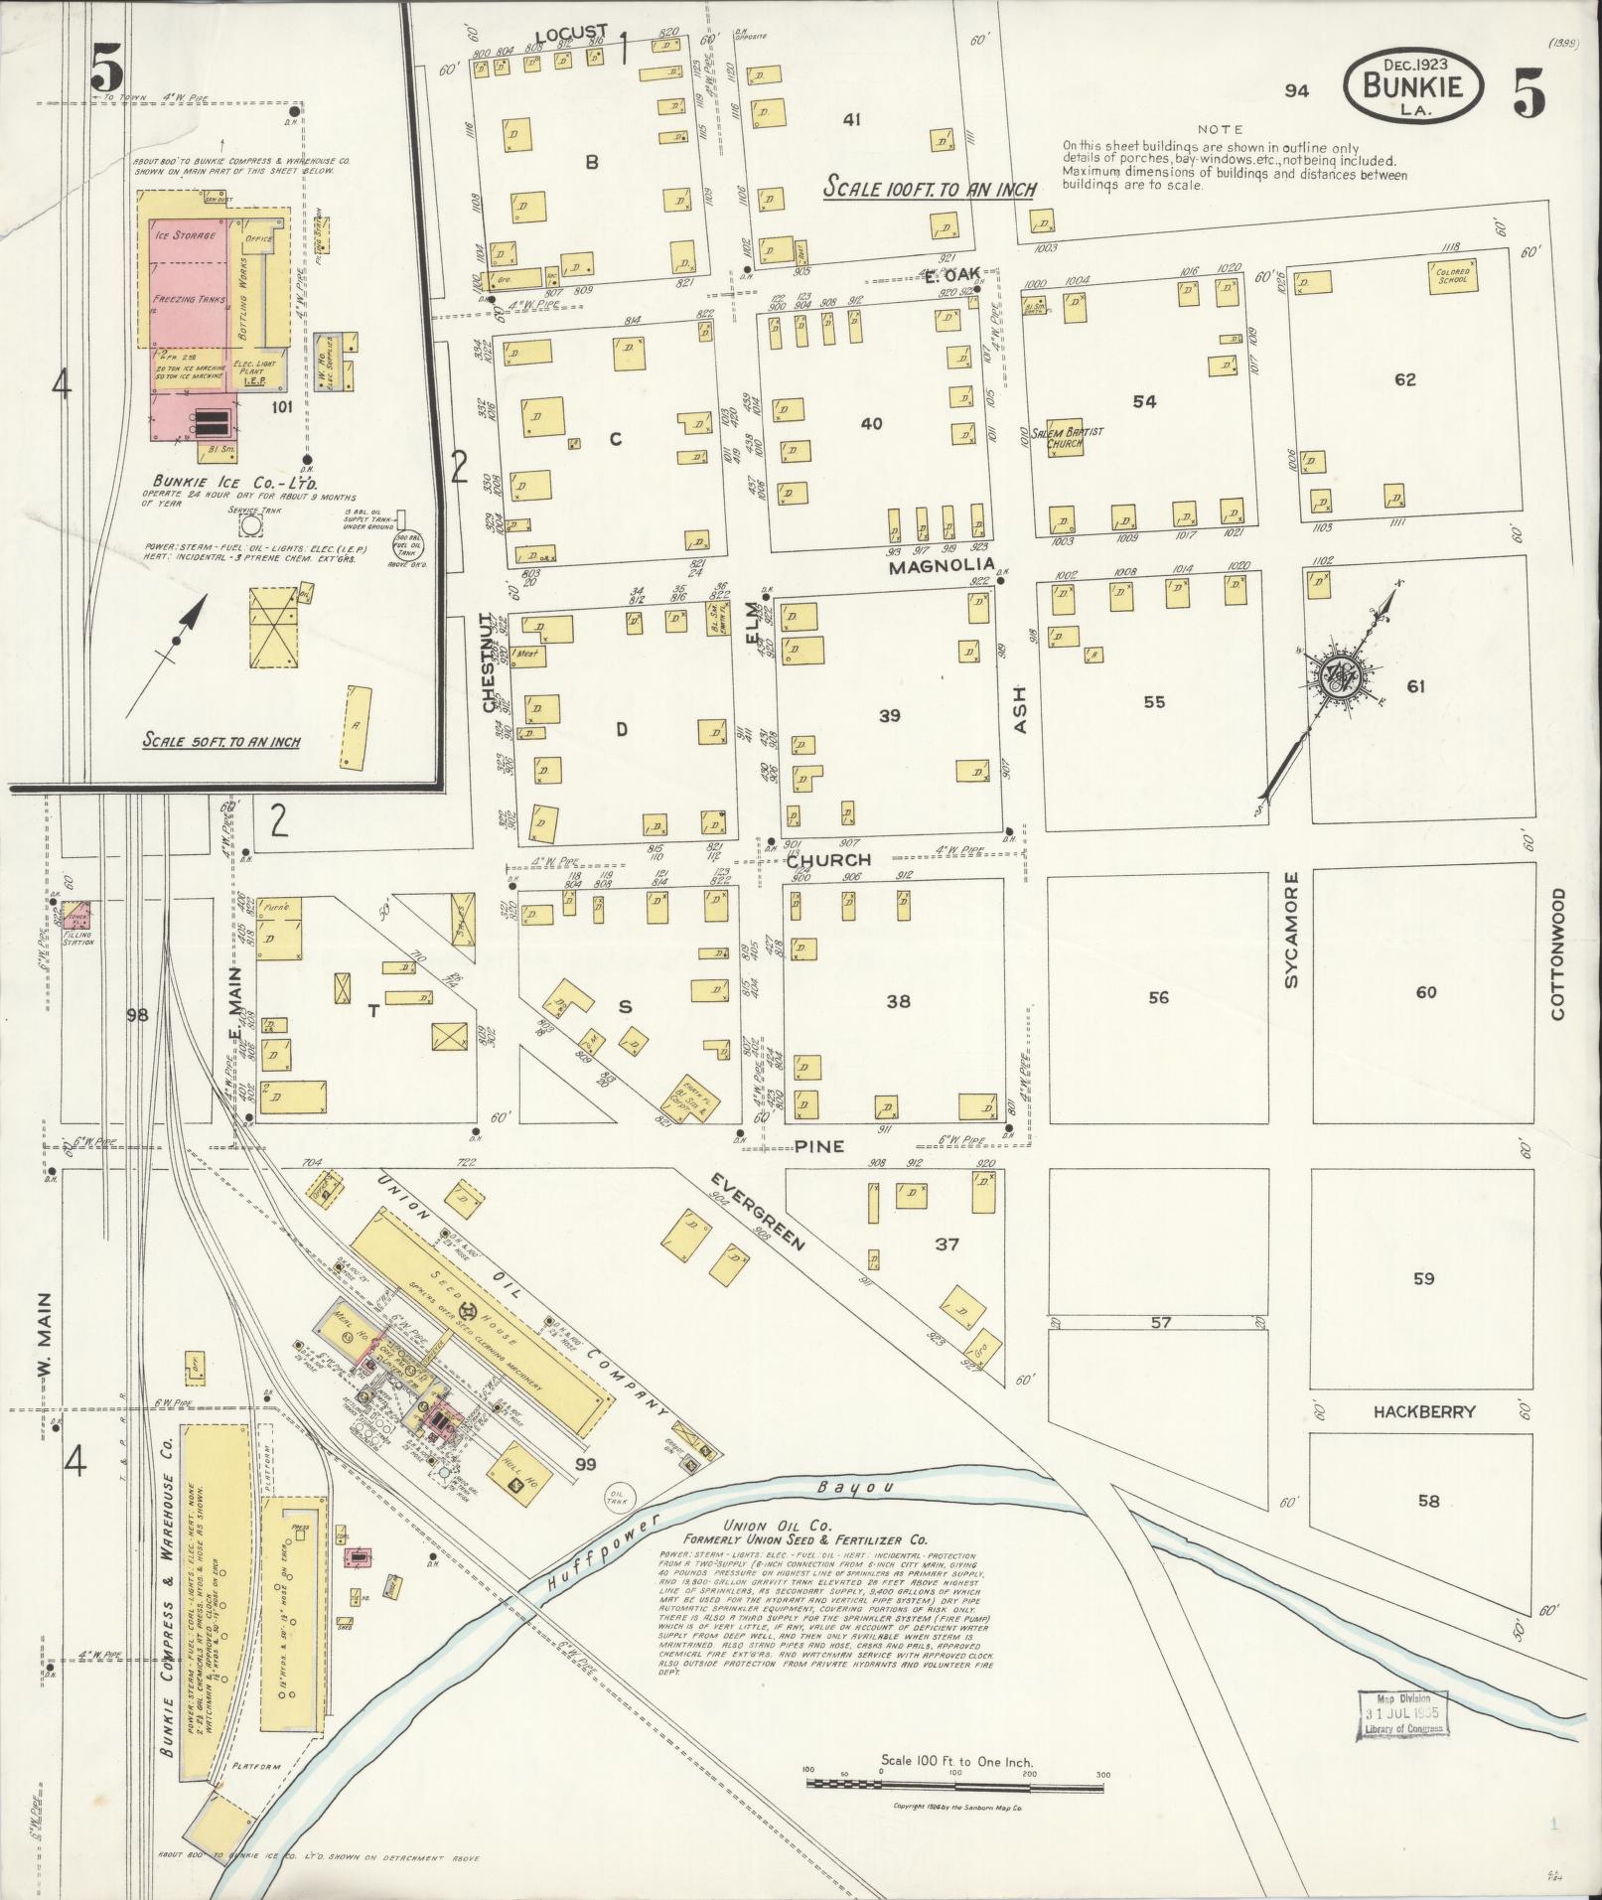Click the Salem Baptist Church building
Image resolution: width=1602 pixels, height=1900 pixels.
pos(1066,438)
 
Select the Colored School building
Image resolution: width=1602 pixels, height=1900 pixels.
pos(1453,275)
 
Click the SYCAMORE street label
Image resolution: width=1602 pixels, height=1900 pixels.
pos(1291,930)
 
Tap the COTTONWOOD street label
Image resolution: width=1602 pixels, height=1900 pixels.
pos(1556,953)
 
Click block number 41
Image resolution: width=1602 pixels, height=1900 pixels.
pos(851,120)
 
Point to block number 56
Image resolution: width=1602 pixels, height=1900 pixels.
pos(1158,997)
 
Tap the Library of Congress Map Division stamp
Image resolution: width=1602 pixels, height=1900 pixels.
pos(1401,1713)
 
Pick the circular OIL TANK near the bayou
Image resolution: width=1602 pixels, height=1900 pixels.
pos(618,1494)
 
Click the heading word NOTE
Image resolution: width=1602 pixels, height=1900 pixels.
pos(1220,129)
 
